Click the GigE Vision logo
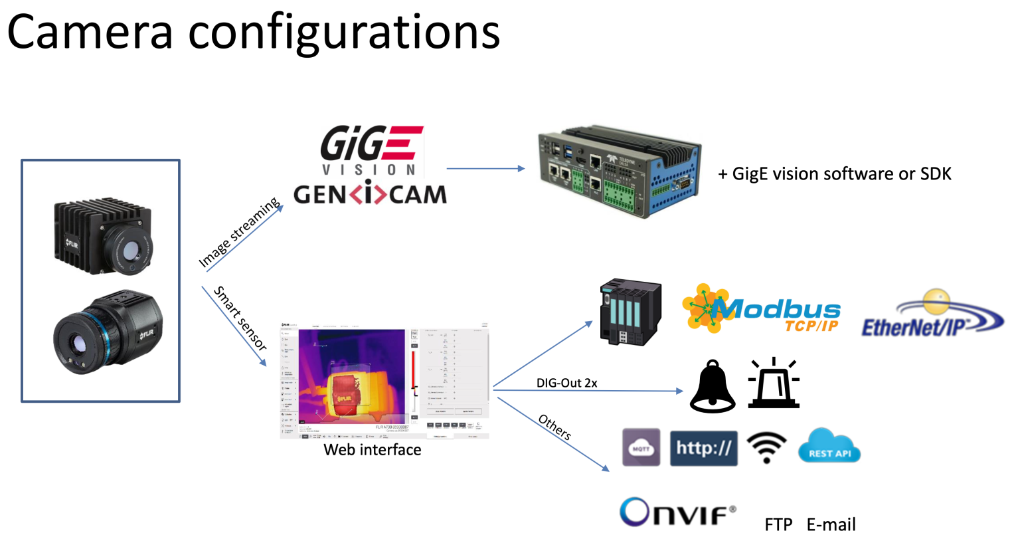(371, 150)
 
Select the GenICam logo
(370, 194)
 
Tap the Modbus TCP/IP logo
(762, 309)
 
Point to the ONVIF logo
(677, 512)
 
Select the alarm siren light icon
(774, 383)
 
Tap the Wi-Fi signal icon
(766, 447)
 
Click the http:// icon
(703, 447)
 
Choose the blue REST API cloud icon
(829, 447)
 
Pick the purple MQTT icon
(641, 447)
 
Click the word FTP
(778, 525)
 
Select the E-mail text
(831, 525)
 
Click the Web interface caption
(372, 450)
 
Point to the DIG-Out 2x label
(566, 383)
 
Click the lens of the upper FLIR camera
(131, 251)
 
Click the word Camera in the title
(90, 32)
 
